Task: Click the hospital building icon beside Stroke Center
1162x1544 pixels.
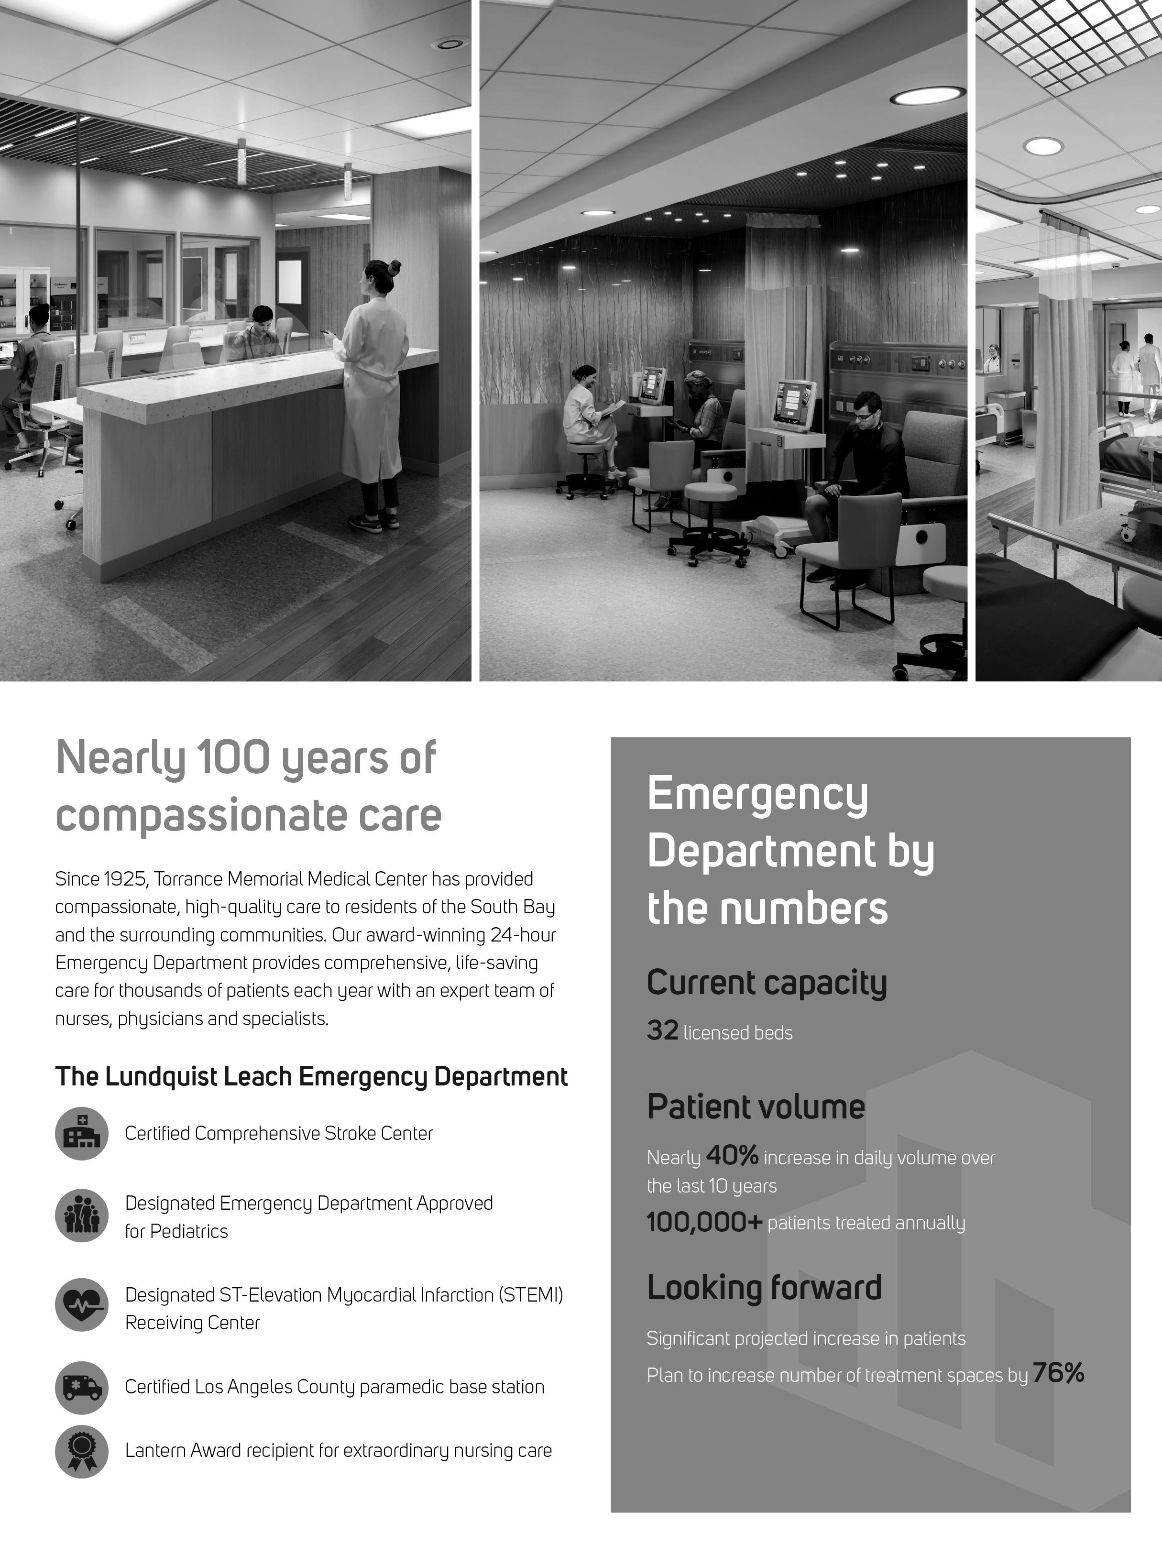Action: click(82, 1134)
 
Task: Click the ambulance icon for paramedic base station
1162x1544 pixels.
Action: click(82, 1388)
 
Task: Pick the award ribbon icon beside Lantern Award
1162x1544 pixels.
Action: click(82, 1451)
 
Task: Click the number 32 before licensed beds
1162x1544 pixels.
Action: click(662, 1030)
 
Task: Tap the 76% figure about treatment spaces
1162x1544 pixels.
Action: click(1058, 1373)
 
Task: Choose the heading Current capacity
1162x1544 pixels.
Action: click(766, 983)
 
